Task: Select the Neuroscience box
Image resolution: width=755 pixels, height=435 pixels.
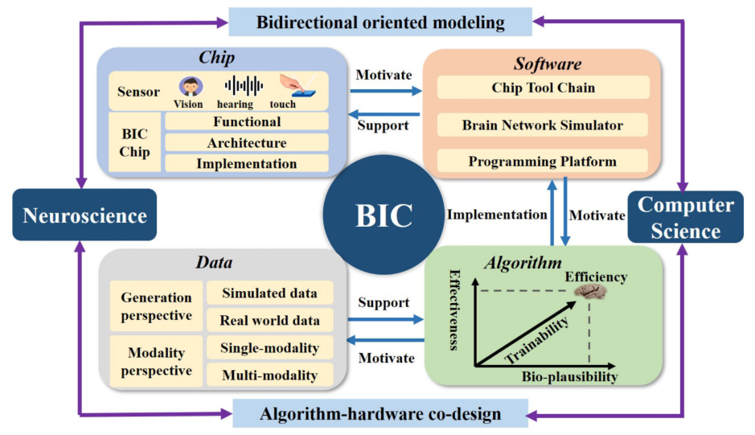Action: (84, 215)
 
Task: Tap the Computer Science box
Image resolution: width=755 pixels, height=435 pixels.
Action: (685, 217)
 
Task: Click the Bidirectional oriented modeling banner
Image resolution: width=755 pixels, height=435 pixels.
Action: (381, 22)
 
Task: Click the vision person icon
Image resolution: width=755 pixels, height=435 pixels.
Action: (190, 86)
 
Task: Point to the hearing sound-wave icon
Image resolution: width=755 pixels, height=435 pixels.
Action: (244, 84)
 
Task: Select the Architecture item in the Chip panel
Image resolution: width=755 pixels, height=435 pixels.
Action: (247, 142)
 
